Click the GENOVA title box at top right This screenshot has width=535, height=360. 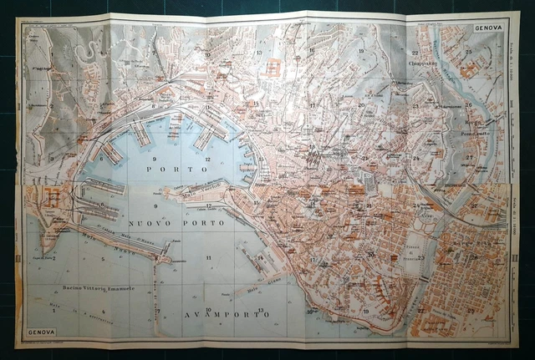pos(489,28)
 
